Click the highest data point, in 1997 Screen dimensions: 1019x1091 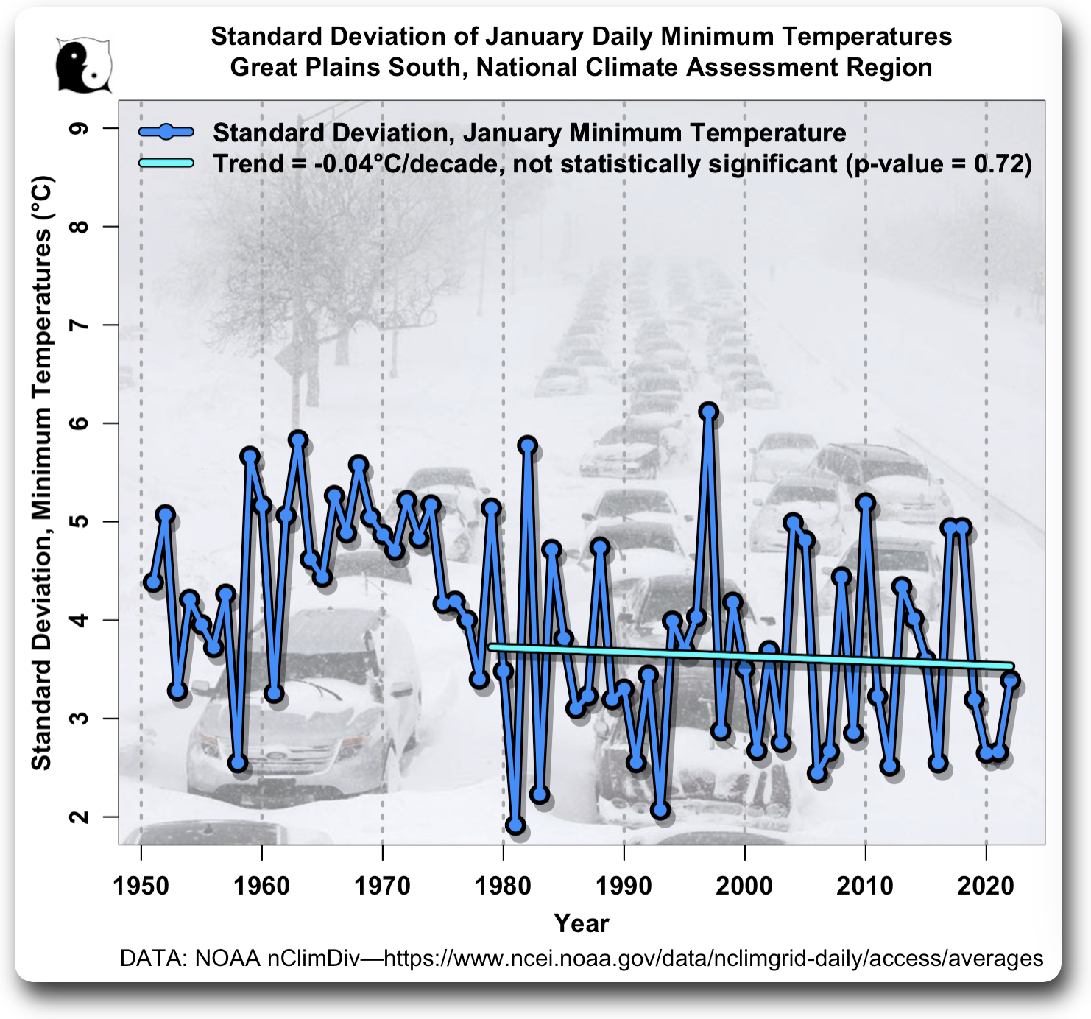click(708, 411)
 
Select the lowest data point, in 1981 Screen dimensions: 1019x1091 click(515, 825)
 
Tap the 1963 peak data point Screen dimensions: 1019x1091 click(297, 440)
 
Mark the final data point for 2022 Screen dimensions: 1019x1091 click(1010, 681)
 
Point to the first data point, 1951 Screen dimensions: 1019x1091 click(153, 582)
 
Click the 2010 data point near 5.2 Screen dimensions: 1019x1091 click(865, 503)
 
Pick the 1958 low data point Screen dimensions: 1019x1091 click(237, 762)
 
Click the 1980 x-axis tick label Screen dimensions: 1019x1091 click(503, 886)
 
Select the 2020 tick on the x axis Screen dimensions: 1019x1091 click(986, 886)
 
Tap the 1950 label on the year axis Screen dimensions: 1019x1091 click(141, 886)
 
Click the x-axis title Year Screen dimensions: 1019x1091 click(581, 923)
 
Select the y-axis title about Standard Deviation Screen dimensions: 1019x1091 click(42, 473)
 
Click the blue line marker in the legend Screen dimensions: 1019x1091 click(166, 133)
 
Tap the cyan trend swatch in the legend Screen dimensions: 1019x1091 click(166, 163)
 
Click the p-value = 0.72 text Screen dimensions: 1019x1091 click(939, 163)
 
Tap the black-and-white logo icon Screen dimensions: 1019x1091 click(84, 65)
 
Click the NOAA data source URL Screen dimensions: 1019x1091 click(713, 958)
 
